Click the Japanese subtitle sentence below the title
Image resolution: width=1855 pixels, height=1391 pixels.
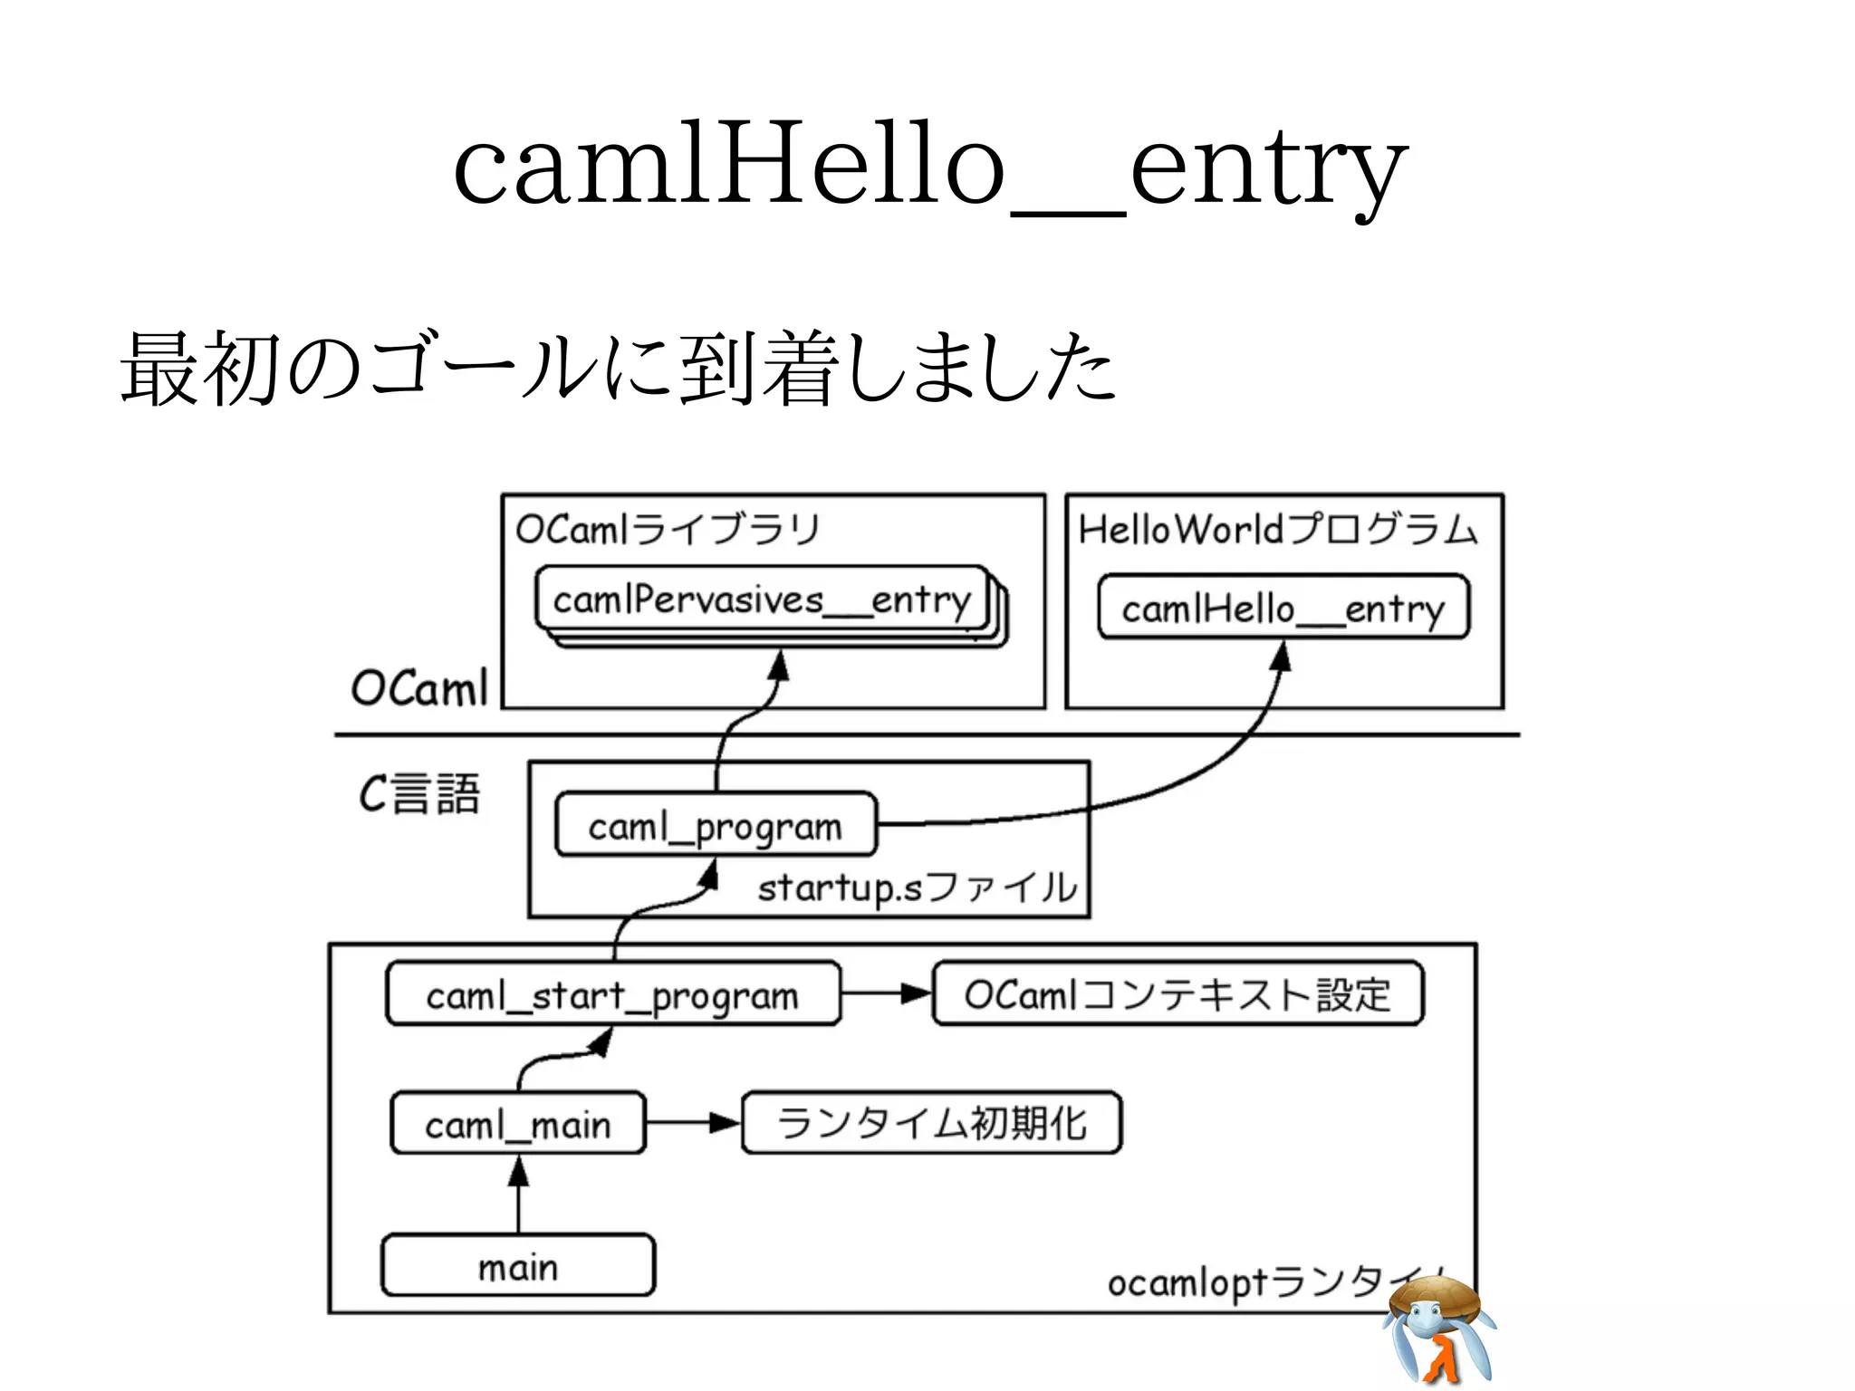(618, 369)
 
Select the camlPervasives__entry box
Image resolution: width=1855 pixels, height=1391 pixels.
(761, 600)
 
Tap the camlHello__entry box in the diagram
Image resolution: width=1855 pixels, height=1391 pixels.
(1283, 608)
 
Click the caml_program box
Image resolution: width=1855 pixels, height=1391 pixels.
(716, 825)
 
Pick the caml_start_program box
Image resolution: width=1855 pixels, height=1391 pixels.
(612, 995)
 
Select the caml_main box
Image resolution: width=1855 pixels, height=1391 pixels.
(518, 1124)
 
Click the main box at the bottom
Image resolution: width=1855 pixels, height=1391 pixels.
(518, 1265)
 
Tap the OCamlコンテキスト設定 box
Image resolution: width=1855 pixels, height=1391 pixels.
(1177, 994)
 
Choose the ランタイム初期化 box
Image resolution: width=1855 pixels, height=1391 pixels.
(931, 1123)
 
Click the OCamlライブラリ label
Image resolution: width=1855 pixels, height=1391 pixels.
(668, 529)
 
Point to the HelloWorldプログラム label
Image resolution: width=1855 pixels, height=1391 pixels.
(1277, 529)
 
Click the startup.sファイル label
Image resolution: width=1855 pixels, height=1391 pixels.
(917, 887)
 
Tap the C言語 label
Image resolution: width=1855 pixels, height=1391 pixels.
(418, 794)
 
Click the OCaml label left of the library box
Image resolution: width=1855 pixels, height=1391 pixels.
(418, 688)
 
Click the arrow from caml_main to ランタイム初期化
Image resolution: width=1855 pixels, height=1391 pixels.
(693, 1123)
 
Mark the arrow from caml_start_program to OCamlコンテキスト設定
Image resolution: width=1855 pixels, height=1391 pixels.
(886, 993)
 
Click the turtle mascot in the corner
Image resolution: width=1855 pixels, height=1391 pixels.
(1438, 1329)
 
